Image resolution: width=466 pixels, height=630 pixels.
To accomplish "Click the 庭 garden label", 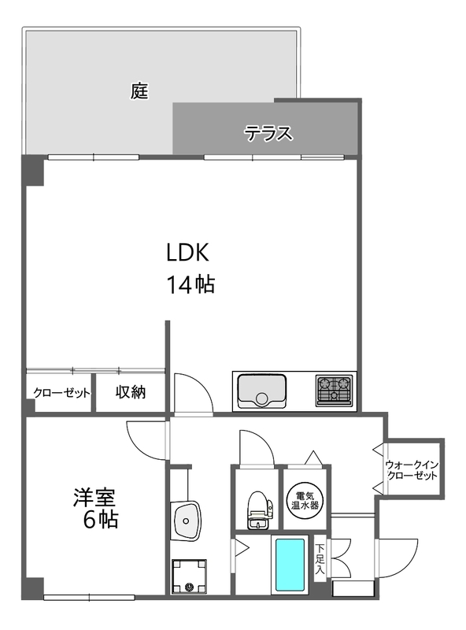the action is tap(139, 91).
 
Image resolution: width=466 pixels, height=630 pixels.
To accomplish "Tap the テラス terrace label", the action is tap(268, 133).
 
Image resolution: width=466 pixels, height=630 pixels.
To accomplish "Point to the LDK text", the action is tap(187, 253).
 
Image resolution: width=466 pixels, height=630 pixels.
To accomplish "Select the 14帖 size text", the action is tap(190, 285).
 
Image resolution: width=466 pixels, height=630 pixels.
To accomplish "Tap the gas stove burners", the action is tap(335, 390).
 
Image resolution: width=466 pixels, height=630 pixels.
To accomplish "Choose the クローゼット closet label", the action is tap(61, 392).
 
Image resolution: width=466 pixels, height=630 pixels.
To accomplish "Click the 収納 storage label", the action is tap(131, 391).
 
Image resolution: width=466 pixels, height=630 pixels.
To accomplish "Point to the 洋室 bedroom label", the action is tap(94, 498).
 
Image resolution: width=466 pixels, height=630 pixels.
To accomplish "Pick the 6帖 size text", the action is tap(101, 520).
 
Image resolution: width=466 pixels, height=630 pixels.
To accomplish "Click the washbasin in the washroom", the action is tap(186, 521).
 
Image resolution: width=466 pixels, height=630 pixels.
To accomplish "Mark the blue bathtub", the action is tap(290, 565).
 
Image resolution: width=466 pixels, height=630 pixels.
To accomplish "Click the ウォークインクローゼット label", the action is tap(412, 470).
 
